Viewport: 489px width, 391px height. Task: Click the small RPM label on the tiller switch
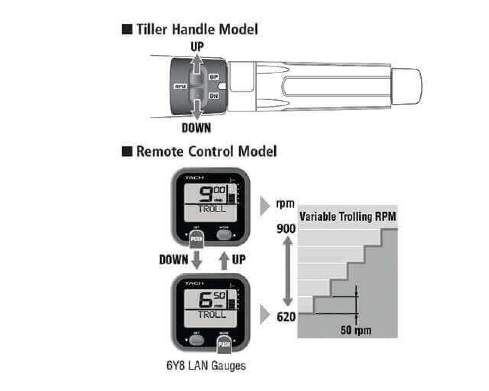[181, 87]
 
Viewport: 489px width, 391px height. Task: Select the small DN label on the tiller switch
[214, 96]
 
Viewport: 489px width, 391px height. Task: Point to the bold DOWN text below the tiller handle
[196, 128]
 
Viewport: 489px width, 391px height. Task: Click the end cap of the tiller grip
[406, 87]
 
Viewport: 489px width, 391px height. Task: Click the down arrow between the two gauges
[196, 260]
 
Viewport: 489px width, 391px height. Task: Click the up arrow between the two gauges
[224, 260]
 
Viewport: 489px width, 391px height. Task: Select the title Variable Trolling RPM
[348, 217]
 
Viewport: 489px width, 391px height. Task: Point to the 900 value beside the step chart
[286, 229]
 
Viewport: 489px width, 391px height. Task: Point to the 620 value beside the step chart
[286, 317]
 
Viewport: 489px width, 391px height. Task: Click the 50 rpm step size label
[356, 330]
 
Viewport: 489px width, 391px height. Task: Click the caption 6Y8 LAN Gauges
[206, 365]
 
